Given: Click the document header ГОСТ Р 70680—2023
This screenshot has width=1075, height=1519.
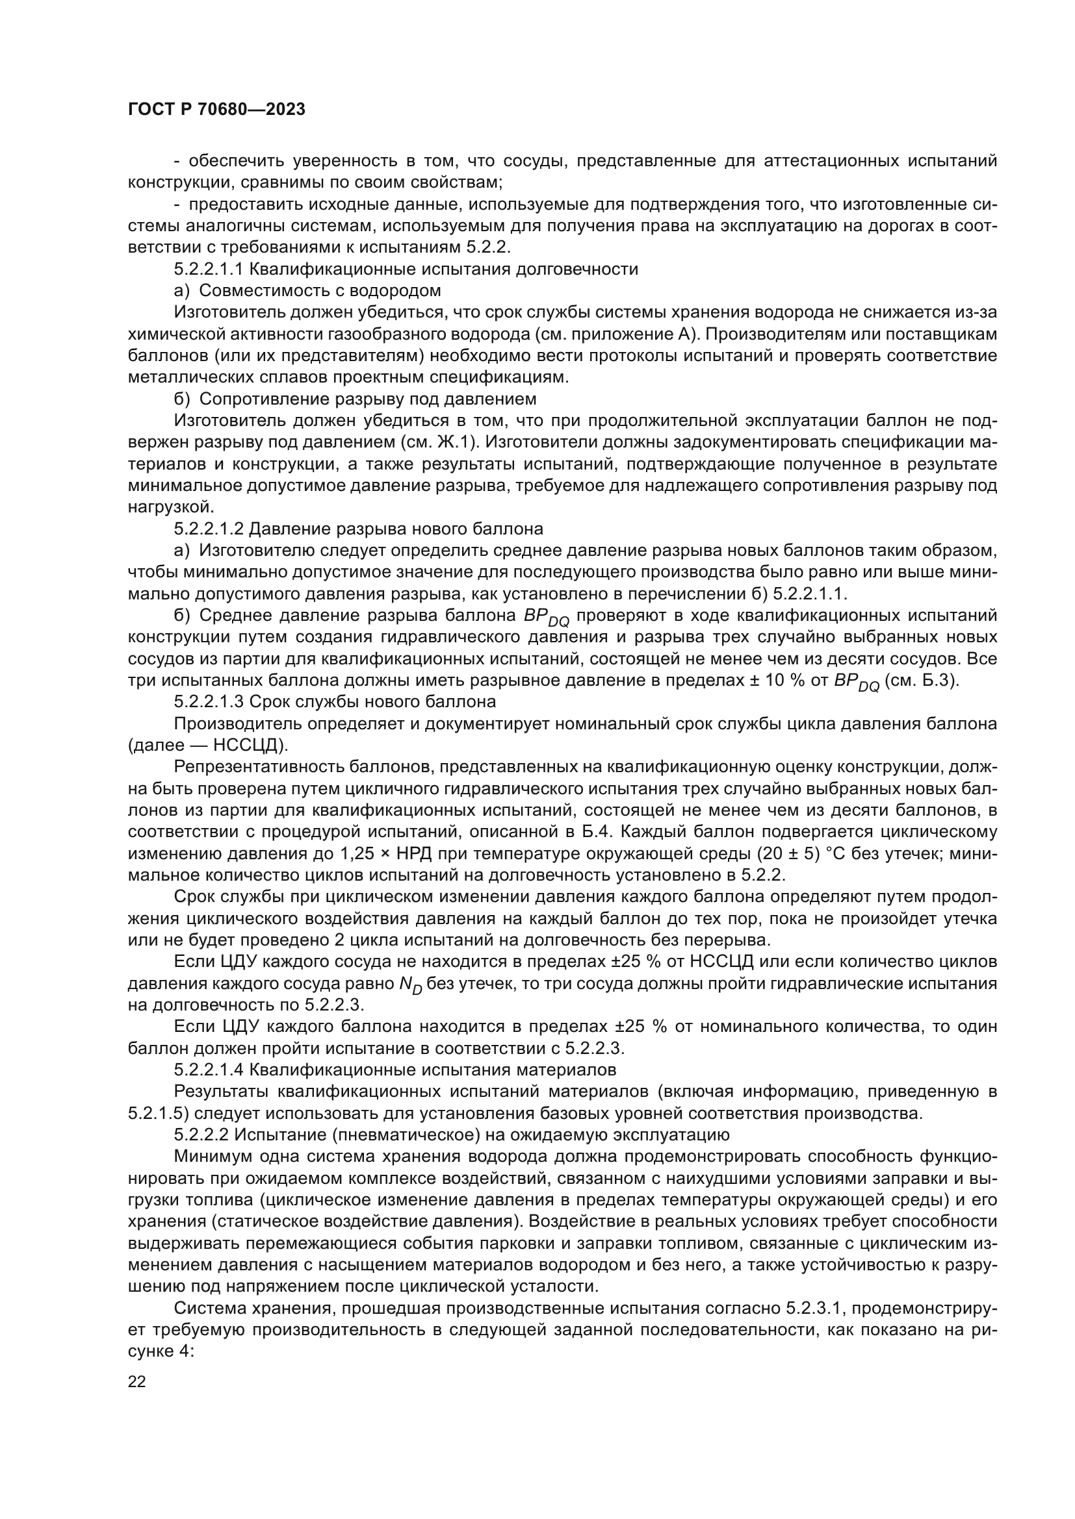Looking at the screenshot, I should tap(216, 110).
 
